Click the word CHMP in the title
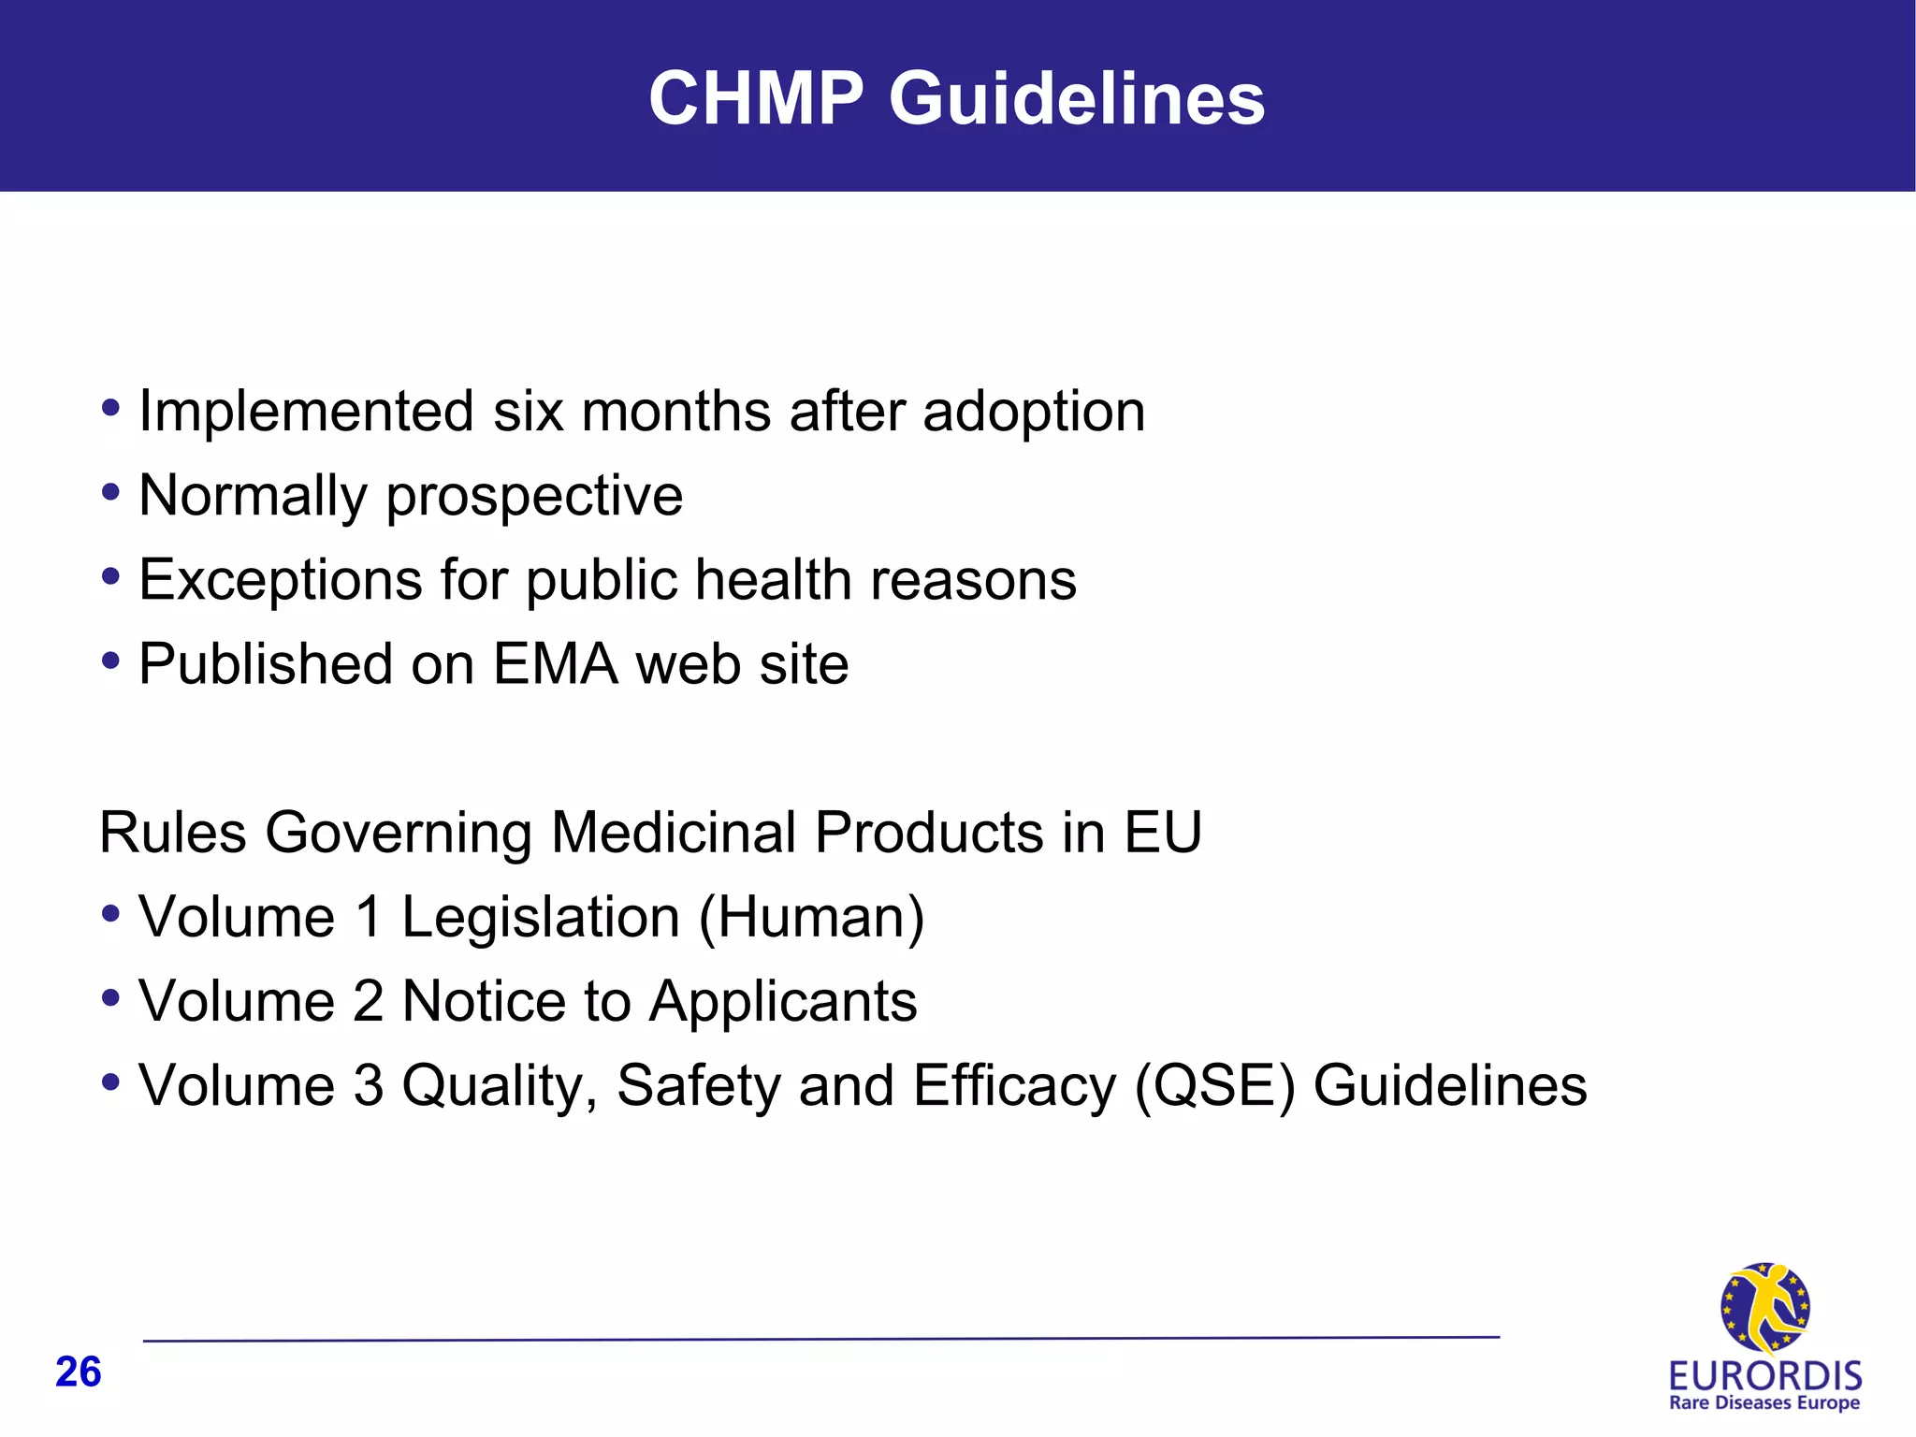coord(756,98)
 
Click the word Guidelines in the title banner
coord(1077,98)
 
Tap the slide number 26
coord(79,1372)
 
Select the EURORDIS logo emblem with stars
coord(1764,1308)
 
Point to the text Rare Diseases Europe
coord(1764,1403)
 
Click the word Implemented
coord(306,412)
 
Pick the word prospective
coord(534,496)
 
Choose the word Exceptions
coord(281,580)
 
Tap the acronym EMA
coord(556,664)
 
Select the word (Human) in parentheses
coord(812,917)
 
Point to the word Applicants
coord(783,1001)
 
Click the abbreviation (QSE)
coord(1214,1085)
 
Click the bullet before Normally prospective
coord(111,492)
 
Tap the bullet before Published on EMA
coord(111,660)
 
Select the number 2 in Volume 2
coord(369,1001)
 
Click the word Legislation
coord(541,917)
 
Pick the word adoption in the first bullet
coord(1034,412)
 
